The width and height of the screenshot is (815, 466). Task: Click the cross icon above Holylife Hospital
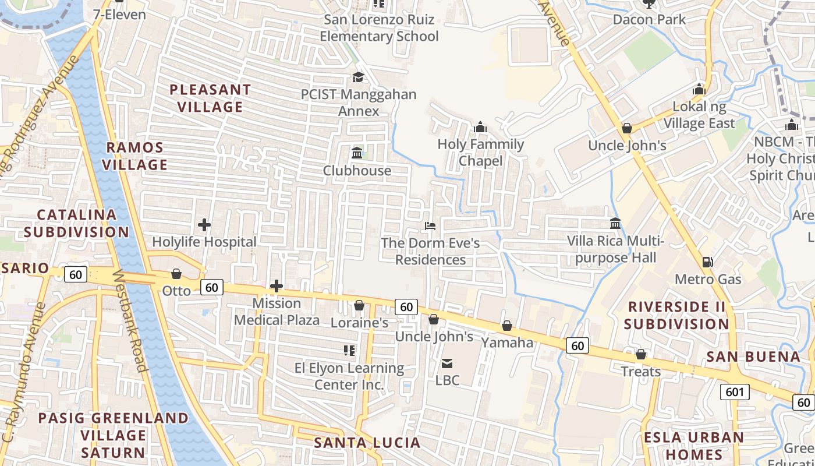tap(204, 225)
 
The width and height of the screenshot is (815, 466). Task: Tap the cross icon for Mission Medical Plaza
tap(277, 286)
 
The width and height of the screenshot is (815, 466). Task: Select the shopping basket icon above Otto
tap(176, 274)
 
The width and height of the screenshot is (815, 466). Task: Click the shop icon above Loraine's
tap(359, 305)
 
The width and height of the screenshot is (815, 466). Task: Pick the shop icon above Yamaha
tap(507, 326)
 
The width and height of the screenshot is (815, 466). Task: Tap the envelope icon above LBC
tap(447, 363)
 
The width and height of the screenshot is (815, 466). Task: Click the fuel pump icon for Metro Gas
tap(708, 262)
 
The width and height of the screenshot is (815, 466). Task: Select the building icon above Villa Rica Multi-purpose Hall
tap(615, 224)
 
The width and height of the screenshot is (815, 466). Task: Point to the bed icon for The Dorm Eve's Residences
tap(430, 225)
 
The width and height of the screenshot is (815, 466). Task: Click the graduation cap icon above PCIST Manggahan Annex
tap(358, 77)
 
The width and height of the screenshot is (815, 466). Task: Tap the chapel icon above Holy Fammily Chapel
tap(480, 127)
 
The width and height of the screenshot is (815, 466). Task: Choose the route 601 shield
tap(735, 392)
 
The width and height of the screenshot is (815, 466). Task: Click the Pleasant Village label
tap(210, 98)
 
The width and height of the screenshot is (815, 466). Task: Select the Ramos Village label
tap(135, 156)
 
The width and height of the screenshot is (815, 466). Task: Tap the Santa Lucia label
tap(367, 443)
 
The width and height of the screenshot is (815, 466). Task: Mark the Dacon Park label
tap(649, 20)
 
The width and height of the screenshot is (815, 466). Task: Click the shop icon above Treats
tap(641, 354)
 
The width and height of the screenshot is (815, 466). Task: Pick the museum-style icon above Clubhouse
tap(357, 153)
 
